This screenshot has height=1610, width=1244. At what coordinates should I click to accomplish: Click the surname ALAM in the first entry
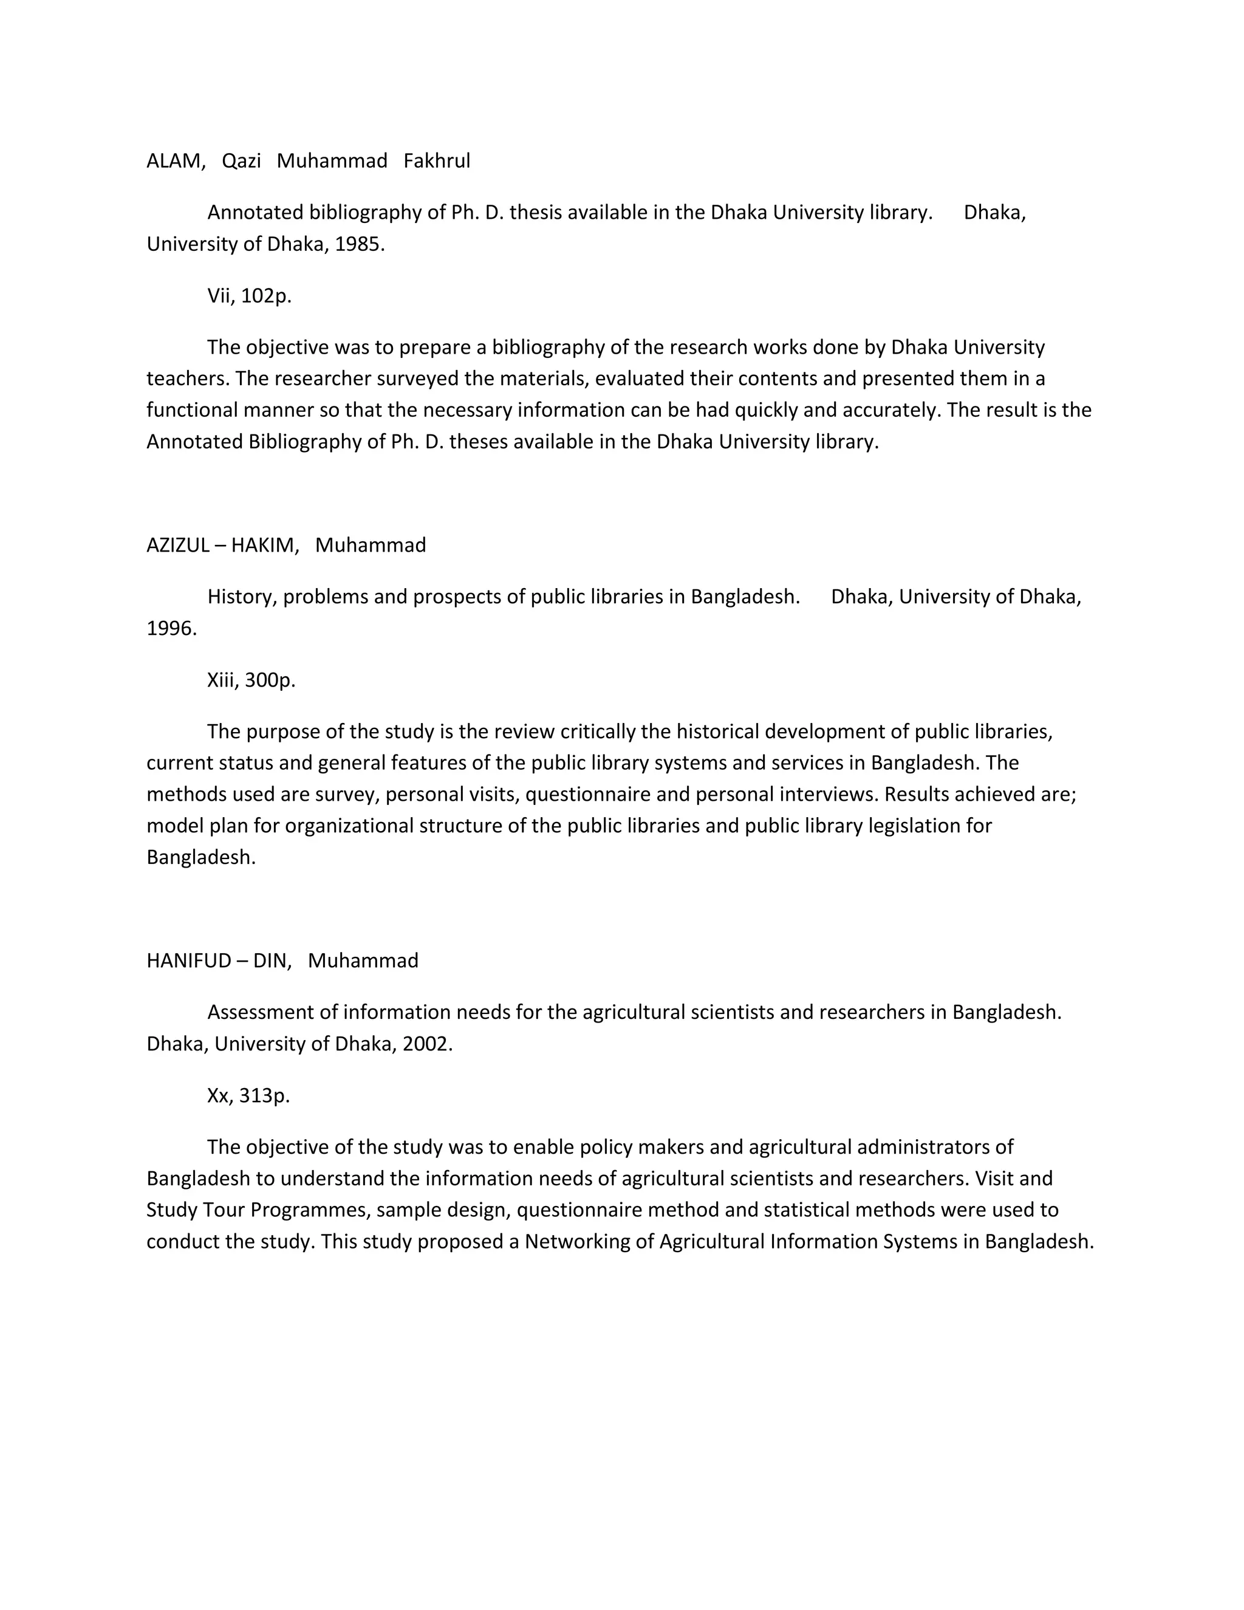pos(174,161)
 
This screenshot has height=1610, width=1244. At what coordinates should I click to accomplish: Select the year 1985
pos(359,244)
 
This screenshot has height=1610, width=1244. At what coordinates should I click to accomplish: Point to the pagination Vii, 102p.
pos(249,296)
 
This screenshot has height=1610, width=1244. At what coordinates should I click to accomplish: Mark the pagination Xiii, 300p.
pos(251,680)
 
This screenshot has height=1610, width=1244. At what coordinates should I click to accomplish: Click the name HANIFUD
pos(189,961)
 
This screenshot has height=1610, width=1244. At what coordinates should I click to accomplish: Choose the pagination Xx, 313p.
pos(248,1095)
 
